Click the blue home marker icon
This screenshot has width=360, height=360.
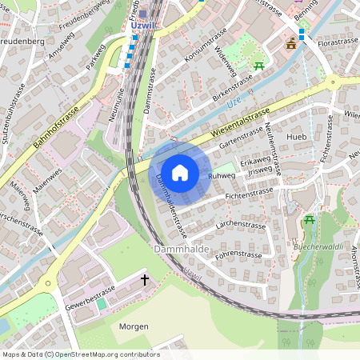tap(180, 172)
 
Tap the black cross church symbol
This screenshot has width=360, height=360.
tap(145, 280)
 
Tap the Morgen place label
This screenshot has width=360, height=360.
tap(134, 327)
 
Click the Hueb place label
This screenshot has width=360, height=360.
tap(297, 138)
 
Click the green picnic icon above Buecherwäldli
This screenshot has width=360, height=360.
tap(310, 219)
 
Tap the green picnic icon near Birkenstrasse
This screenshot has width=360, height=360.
tap(258, 66)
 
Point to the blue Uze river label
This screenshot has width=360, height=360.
tap(234, 103)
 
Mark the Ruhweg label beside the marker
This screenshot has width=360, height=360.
tap(220, 175)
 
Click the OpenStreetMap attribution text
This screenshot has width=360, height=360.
tap(80, 354)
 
